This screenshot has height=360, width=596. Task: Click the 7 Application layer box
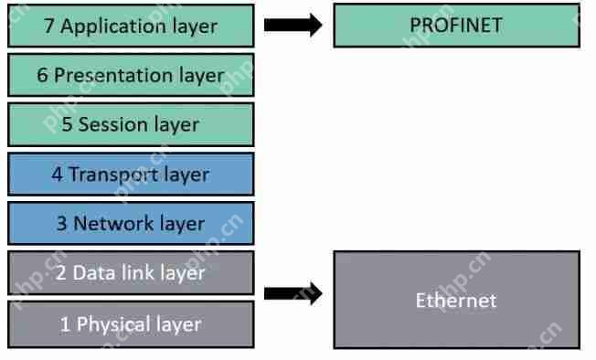130,26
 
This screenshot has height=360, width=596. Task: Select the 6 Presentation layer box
130,75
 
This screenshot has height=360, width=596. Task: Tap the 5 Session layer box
130,124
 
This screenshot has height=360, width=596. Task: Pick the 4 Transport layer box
130,174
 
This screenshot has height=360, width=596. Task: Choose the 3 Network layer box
130,223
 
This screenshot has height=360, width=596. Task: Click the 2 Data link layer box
130,272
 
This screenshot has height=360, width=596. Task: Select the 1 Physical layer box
130,323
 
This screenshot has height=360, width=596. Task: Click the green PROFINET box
456,25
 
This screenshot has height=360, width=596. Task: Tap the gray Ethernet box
456,300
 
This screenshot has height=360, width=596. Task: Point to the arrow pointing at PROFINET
293,25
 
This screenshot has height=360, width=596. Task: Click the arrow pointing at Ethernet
293,293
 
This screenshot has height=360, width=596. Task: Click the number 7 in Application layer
49,26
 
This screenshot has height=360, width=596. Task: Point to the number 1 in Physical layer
65,324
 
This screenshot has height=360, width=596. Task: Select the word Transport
107,174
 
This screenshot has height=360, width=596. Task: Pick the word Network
107,223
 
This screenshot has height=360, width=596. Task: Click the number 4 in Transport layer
57,174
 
